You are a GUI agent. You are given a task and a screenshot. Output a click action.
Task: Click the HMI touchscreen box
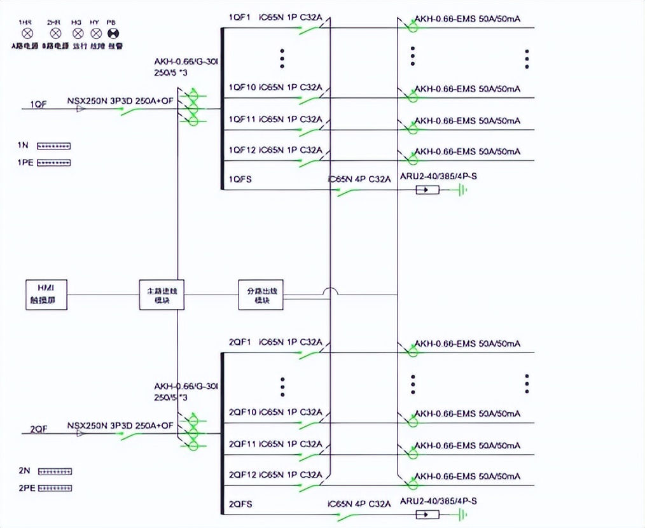[46, 295]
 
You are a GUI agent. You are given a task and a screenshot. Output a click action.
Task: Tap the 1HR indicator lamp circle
[26, 31]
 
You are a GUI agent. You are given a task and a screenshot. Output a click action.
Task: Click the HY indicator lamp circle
[96, 31]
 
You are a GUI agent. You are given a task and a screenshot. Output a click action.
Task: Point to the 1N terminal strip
[53, 146]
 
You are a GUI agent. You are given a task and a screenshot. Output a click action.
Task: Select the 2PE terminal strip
[55, 488]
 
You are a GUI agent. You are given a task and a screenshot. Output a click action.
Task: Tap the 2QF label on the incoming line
[39, 429]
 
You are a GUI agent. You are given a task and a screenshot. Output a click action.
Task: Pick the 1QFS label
[240, 179]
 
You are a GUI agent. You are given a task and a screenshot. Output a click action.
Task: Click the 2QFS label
[240, 504]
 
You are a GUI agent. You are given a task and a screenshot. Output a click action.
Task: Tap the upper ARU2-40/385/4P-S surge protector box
[427, 190]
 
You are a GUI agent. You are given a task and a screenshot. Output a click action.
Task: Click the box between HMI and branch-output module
[162, 295]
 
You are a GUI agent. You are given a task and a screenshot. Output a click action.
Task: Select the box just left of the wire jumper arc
[261, 295]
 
